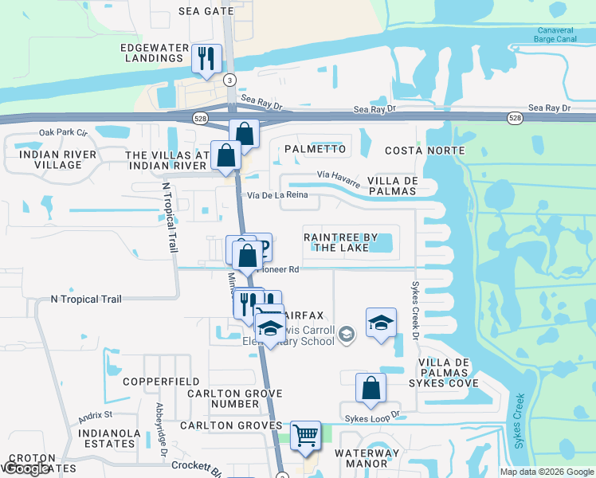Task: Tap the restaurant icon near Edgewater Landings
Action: (206, 58)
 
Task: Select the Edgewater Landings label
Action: (152, 53)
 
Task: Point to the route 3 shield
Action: (230, 80)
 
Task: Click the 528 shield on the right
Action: (515, 118)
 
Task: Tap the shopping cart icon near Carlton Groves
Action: (305, 436)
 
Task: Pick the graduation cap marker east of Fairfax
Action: (382, 323)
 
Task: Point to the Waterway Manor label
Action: (367, 458)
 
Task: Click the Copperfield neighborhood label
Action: (161, 382)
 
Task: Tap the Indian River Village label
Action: (58, 159)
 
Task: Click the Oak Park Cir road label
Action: (63, 132)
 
